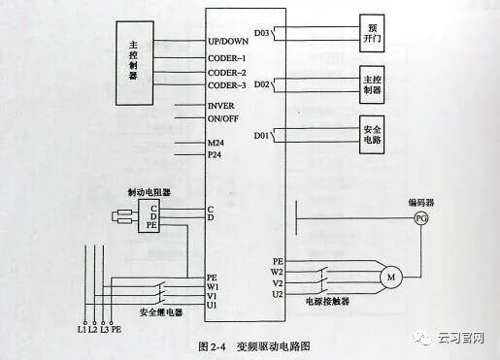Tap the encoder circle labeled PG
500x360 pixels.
coord(420,218)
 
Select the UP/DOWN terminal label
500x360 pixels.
coord(228,43)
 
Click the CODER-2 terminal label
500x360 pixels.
coord(227,73)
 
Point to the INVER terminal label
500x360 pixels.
coord(221,105)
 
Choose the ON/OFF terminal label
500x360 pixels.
coord(222,118)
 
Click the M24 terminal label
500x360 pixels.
coord(216,143)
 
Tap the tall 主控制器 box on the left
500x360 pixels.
coord(135,62)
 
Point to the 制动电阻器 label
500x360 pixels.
coord(148,192)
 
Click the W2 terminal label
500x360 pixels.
coord(277,272)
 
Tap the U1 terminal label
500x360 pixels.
coord(212,306)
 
